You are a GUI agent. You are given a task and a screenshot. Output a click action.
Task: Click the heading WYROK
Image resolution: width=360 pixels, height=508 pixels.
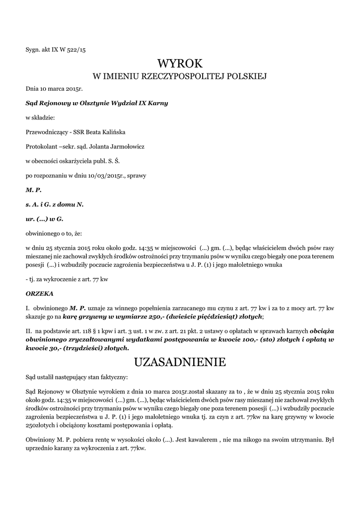(x=180, y=63)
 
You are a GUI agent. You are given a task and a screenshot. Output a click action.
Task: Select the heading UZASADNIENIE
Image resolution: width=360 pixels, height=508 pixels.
(x=180, y=362)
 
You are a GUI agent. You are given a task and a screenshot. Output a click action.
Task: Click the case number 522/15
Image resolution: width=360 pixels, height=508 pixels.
(x=75, y=49)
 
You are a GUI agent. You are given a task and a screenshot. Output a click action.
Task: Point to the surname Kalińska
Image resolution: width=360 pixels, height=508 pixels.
(x=113, y=132)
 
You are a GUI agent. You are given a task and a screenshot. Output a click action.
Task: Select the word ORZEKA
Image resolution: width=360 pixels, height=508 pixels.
(x=39, y=294)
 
